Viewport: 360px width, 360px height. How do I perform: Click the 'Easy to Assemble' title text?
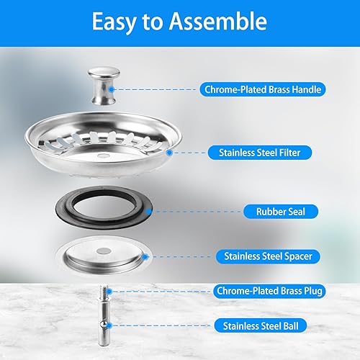coord(179,22)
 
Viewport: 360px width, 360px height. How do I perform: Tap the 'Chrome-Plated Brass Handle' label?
coord(263,89)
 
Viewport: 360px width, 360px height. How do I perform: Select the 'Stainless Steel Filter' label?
coord(260,153)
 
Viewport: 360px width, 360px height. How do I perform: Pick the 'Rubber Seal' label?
coord(281,212)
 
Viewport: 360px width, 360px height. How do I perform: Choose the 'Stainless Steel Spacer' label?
coord(268,256)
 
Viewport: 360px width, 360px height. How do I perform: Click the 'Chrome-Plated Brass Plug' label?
coord(269,291)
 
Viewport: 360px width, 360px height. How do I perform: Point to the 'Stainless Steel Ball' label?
coord(261,326)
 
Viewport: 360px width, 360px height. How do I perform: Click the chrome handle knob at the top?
coord(104,86)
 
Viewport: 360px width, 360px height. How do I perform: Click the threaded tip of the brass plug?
coord(104,289)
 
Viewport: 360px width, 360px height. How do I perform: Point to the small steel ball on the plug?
coord(104,325)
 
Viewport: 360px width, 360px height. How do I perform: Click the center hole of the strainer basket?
coord(104,156)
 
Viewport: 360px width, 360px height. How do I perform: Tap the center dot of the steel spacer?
coord(104,251)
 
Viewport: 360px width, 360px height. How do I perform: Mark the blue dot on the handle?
coord(111,89)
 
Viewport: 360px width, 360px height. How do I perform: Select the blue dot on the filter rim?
coord(169,153)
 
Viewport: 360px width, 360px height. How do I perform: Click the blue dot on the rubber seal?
coord(149,212)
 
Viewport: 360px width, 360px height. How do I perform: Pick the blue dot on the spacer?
coord(145,257)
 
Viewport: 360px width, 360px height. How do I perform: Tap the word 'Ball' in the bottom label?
coord(291,326)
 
